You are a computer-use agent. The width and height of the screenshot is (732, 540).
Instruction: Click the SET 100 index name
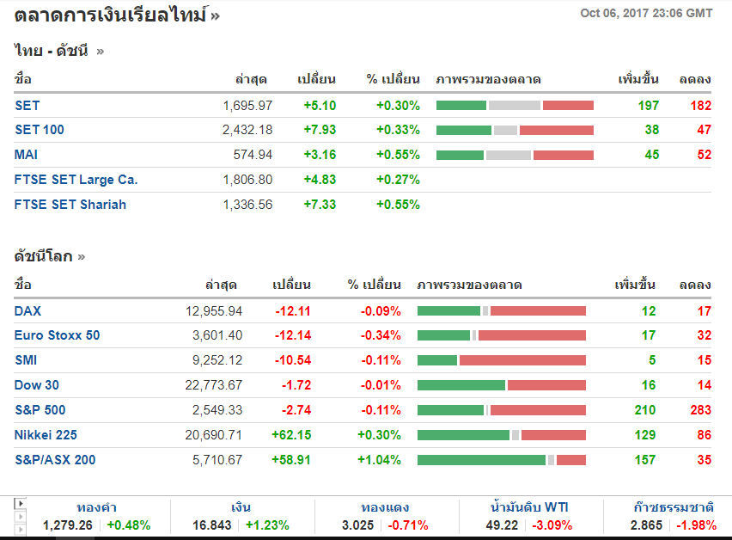[x=40, y=130]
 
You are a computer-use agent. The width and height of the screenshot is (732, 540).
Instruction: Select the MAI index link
[x=27, y=155]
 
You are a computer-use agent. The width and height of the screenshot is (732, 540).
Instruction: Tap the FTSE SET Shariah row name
[x=70, y=205]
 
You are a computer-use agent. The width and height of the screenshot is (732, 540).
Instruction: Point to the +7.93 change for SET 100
[x=320, y=130]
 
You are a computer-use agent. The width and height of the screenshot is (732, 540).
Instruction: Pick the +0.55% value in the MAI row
[x=398, y=155]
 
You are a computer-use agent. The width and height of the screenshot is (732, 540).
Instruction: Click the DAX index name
[x=28, y=311]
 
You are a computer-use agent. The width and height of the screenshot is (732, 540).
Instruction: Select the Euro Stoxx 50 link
[x=57, y=335]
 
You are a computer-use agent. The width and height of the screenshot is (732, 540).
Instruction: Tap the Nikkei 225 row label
[x=46, y=435]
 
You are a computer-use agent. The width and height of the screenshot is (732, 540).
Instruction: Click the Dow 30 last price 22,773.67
[x=214, y=385]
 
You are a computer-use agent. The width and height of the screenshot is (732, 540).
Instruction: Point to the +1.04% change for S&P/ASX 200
[x=379, y=460]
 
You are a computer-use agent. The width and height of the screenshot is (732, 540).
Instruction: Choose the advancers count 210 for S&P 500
[x=644, y=410]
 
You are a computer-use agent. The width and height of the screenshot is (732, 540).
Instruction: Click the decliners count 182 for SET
[x=700, y=106]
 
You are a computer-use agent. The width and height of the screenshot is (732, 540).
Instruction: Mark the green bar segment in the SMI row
[x=437, y=360]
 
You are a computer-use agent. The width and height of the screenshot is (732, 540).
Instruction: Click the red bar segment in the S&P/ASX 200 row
[x=571, y=460]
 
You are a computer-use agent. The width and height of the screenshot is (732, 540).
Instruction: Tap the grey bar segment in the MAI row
[x=509, y=155]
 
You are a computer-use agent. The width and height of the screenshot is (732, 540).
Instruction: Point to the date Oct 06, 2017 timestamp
[x=646, y=13]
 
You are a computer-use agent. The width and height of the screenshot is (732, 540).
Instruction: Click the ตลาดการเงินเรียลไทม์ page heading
[x=111, y=15]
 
